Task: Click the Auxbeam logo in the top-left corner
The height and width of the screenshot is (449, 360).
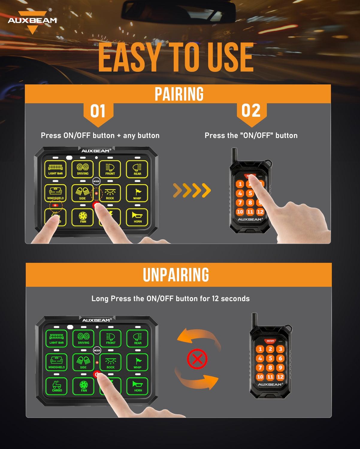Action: click(x=32, y=21)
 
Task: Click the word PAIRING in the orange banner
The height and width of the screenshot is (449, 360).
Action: click(x=179, y=94)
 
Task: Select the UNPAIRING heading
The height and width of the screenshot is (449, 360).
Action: click(x=176, y=275)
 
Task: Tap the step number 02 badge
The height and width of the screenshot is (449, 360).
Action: click(x=251, y=111)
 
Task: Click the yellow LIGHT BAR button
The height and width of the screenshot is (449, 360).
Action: click(x=55, y=169)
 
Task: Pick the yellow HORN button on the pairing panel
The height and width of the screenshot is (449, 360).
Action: click(x=137, y=217)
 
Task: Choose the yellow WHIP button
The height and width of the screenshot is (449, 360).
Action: click(x=137, y=193)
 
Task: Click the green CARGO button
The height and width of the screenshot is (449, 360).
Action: click(x=57, y=386)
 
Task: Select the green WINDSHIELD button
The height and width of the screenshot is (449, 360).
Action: click(x=56, y=362)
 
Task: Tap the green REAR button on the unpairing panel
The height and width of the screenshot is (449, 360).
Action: click(x=138, y=338)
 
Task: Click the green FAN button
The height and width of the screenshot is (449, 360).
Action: click(x=84, y=386)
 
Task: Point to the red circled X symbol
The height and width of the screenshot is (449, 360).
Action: click(x=197, y=359)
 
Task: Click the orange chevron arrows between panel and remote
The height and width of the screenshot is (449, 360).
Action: click(x=192, y=190)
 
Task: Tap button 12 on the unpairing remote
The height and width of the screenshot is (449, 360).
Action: click(x=280, y=377)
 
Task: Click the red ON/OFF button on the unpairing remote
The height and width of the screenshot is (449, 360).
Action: click(x=270, y=341)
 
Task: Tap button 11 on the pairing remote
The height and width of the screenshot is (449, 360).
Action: click(x=250, y=212)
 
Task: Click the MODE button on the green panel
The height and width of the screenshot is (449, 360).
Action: click(x=97, y=350)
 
